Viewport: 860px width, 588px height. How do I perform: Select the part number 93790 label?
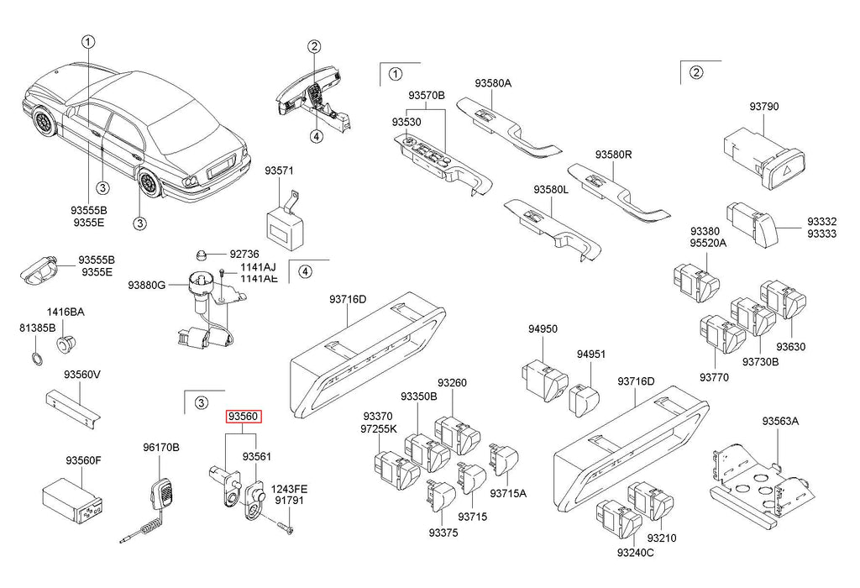pyautogui.click(x=764, y=107)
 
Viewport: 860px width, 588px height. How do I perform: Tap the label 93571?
pyautogui.click(x=280, y=171)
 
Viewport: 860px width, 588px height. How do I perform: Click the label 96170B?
pyautogui.click(x=160, y=447)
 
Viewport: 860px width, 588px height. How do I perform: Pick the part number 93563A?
pyautogui.click(x=780, y=422)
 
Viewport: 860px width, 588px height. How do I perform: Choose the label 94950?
pyautogui.click(x=543, y=329)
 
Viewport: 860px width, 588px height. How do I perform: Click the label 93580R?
pyautogui.click(x=614, y=155)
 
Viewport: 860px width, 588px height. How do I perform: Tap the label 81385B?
pyautogui.click(x=39, y=328)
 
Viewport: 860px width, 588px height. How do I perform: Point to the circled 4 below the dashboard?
pyautogui.click(x=314, y=135)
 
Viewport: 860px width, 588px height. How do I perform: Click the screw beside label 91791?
pyautogui.click(x=282, y=525)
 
